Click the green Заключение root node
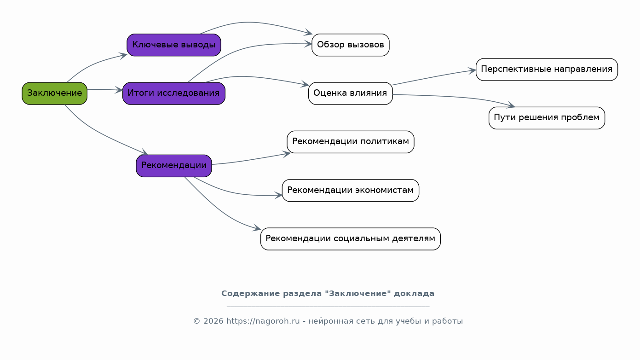coord(54,93)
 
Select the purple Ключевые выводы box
coord(174,45)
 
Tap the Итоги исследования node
coord(174,93)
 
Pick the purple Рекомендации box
coord(174,166)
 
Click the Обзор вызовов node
coord(351,45)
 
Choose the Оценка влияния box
coord(351,93)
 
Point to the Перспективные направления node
coord(547,70)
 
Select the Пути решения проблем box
coord(547,118)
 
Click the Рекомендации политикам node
coord(351,142)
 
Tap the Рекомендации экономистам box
coord(351,190)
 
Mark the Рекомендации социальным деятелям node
coord(351,239)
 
